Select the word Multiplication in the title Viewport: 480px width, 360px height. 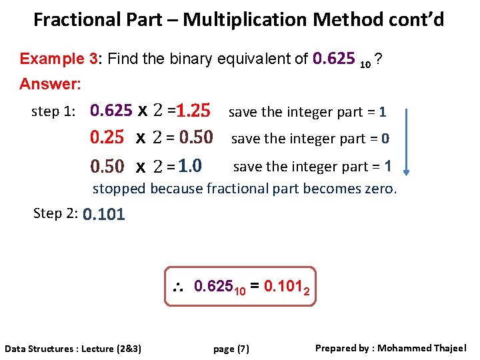click(x=251, y=19)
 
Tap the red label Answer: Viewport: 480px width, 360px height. click(x=51, y=84)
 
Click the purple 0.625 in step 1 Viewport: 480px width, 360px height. click(x=111, y=111)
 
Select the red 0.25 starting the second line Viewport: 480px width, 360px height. click(x=107, y=138)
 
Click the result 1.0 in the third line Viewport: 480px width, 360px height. click(x=191, y=165)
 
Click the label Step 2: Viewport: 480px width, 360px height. click(x=56, y=213)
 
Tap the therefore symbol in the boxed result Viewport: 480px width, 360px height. click(x=178, y=288)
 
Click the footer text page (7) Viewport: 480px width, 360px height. click(x=231, y=349)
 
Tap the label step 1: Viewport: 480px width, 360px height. click(x=51, y=111)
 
